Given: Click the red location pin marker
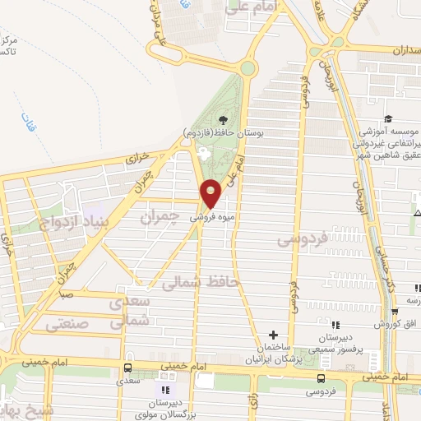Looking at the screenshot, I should pos(211,192).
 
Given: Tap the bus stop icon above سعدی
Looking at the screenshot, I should pos(127,368).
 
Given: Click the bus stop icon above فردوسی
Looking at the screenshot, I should pos(321,378).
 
